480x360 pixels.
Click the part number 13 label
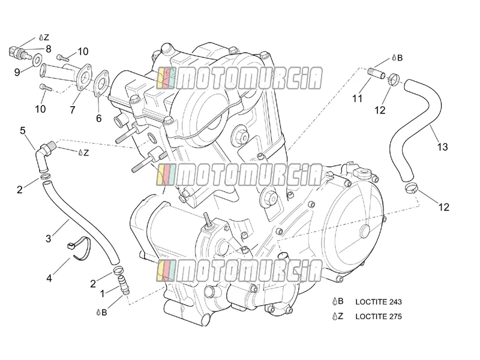[442, 147]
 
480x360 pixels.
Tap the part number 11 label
[357, 98]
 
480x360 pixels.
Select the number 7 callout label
[73, 110]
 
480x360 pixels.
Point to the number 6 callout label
[98, 118]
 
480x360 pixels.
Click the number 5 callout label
[23, 131]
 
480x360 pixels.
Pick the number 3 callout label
[49, 238]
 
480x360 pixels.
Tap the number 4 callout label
[49, 278]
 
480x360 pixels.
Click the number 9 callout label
[17, 72]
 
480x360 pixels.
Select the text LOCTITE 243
[379, 302]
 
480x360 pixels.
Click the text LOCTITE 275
[379, 317]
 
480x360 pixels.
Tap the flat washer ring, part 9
[37, 59]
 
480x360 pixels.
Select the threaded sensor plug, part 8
[19, 52]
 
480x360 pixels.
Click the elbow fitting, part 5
[43, 156]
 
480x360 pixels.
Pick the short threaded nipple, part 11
[376, 73]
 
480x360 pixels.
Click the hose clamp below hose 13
[411, 188]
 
